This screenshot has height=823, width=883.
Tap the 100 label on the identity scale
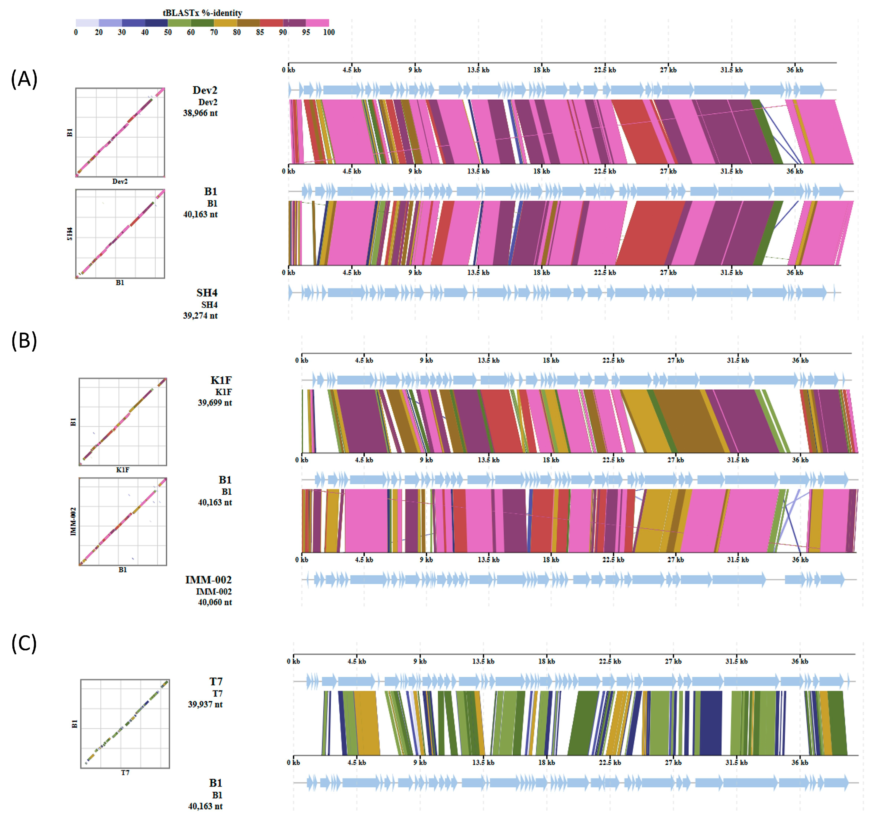coord(329,32)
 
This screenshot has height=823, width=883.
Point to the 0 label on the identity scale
coord(76,32)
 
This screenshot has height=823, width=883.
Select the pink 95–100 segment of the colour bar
coord(317,23)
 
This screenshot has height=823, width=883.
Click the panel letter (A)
coord(24,79)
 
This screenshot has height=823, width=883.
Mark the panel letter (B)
coord(24,340)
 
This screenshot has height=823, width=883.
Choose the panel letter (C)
coord(24,643)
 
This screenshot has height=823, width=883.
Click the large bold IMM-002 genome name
coord(208,580)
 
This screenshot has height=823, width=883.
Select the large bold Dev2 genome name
coord(205,90)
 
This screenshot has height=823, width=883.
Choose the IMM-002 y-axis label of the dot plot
coord(73,522)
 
